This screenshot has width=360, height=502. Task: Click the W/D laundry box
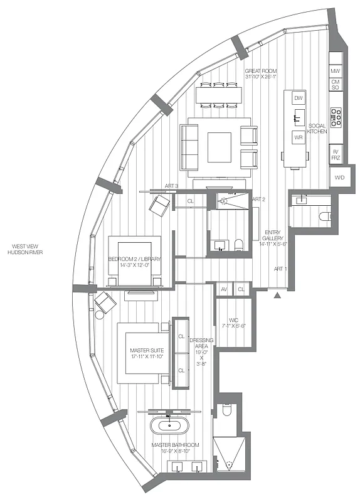click(x=339, y=178)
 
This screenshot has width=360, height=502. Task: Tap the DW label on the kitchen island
click(x=299, y=99)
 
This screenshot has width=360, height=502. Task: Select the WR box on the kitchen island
click(x=299, y=136)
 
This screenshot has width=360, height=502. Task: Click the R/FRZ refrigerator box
click(x=336, y=154)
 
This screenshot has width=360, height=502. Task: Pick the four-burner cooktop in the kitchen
click(x=336, y=118)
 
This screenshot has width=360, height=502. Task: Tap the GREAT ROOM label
click(x=260, y=75)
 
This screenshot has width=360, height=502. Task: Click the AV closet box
click(x=224, y=289)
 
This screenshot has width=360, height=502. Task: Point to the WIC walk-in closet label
click(x=233, y=322)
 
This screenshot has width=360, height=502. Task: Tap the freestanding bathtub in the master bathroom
click(x=170, y=425)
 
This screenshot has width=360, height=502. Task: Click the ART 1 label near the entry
click(x=280, y=269)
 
